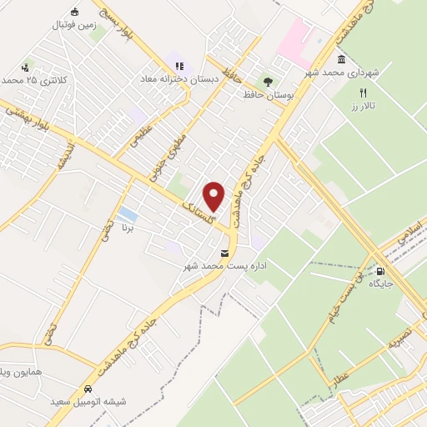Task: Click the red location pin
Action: coord(214,196)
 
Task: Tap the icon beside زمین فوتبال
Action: coord(75,12)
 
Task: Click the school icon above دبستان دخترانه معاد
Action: coord(177,65)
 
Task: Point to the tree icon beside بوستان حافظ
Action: coord(268,82)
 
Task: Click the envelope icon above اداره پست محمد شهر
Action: coord(224,253)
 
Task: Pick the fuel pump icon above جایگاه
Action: coord(381,270)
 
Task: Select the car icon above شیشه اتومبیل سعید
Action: coord(88,389)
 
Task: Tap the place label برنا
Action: coord(128,227)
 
